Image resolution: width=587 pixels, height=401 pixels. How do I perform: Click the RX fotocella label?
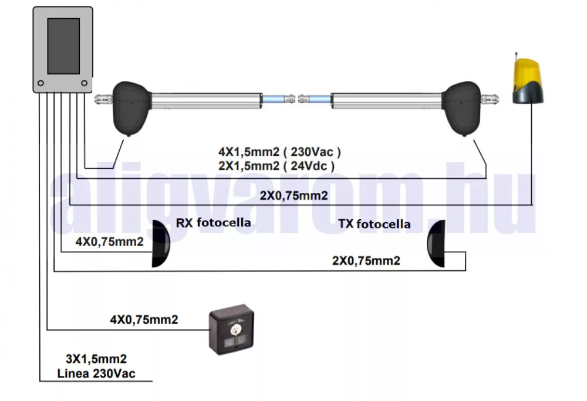[x=214, y=223]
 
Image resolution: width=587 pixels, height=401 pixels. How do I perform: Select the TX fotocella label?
[x=375, y=224]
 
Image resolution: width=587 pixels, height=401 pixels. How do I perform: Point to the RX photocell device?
[x=160, y=244]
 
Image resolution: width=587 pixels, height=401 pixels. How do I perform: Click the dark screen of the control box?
[x=63, y=46]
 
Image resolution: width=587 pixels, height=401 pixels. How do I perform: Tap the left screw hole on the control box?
[x=41, y=83]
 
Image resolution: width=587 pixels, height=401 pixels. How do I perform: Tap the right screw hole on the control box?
[x=84, y=83]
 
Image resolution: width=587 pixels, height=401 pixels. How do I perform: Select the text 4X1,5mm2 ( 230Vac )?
[x=279, y=152]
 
